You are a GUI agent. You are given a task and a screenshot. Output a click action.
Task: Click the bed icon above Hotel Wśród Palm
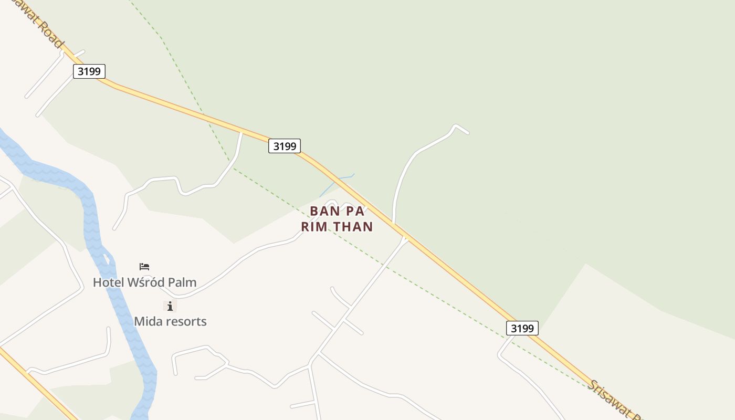(x=144, y=267)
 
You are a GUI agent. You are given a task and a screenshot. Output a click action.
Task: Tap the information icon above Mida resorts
(x=170, y=306)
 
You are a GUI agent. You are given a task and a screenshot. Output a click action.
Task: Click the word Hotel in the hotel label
(x=109, y=282)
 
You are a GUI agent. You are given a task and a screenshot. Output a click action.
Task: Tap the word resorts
(x=186, y=321)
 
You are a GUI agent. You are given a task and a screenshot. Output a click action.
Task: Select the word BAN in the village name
(x=322, y=211)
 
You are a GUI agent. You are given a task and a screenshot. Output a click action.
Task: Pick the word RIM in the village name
(x=313, y=227)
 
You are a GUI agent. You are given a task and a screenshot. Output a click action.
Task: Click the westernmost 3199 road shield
(x=89, y=71)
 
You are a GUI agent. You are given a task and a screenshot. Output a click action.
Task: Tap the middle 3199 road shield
(x=285, y=146)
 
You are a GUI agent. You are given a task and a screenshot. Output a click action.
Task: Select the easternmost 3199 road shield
(x=522, y=328)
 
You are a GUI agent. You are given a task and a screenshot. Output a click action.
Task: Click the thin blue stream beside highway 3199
(x=336, y=182)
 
